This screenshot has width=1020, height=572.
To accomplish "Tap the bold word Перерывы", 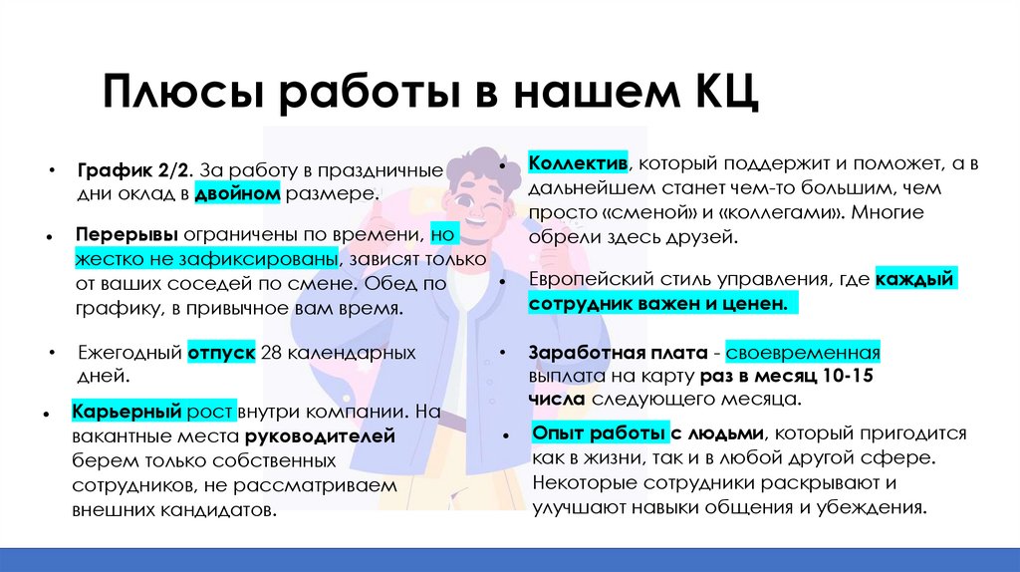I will click(x=126, y=235).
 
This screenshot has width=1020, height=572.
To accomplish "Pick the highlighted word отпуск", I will click(x=221, y=353).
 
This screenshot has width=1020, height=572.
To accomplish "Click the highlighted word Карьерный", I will click(x=125, y=412).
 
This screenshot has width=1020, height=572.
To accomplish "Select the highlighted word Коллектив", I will click(x=578, y=162).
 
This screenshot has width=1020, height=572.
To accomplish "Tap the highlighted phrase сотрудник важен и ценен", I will click(x=663, y=305).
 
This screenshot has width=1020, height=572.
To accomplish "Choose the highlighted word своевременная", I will click(x=803, y=353).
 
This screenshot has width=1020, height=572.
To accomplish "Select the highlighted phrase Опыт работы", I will click(x=599, y=433).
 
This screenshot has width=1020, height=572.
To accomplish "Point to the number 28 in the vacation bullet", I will click(x=271, y=353).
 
